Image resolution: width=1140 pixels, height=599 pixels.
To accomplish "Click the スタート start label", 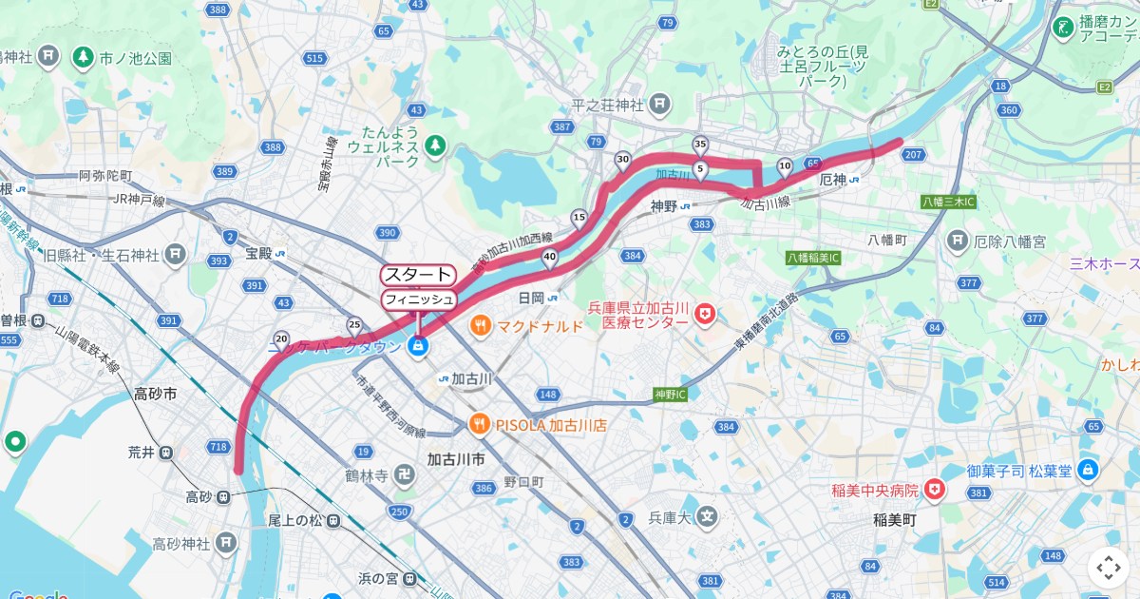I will [418, 275].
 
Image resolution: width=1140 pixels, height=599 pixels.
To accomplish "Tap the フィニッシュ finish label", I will [418, 299].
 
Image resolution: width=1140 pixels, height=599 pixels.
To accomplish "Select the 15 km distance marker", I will [579, 218].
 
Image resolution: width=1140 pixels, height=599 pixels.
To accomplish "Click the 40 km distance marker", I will [549, 256].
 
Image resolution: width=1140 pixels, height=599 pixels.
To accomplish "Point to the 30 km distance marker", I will [623, 160].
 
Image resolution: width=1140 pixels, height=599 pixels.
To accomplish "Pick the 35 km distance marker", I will [700, 145].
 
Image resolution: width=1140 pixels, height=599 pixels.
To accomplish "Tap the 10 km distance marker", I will [785, 166].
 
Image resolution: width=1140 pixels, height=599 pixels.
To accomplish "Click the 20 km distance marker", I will [281, 338].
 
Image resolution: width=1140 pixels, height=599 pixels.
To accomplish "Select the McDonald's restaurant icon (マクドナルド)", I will [481, 326].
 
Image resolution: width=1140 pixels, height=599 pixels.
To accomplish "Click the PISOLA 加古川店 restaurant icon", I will [481, 425].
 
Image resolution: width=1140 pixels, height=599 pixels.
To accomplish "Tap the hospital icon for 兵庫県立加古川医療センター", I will [704, 314].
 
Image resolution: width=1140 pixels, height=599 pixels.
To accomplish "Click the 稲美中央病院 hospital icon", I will [936, 490].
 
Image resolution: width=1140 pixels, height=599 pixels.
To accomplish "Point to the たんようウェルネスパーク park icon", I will [435, 145].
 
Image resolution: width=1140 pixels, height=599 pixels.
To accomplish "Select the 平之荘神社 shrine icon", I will [660, 104].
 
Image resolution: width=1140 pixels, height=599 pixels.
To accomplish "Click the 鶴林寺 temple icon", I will [404, 473].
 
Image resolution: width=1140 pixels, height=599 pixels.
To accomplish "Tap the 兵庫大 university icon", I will [706, 516].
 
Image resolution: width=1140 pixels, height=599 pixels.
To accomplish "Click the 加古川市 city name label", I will [457, 458].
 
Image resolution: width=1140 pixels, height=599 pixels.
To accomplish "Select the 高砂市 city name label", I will [156, 394].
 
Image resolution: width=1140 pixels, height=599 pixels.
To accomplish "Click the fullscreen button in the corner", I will [1109, 568].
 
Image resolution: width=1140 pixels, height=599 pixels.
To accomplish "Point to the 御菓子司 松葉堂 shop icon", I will [1088, 470].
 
